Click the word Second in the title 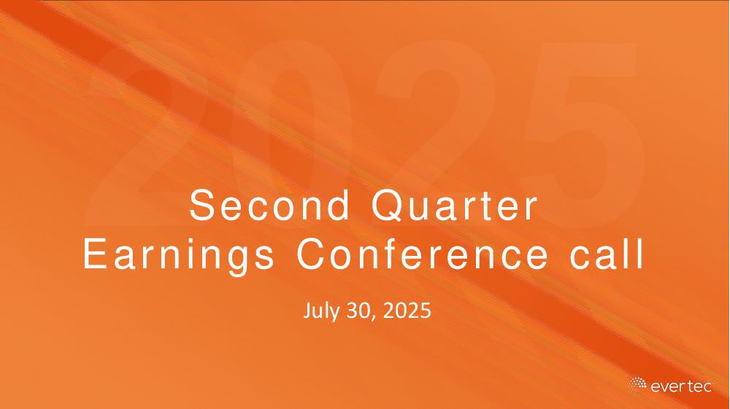(269, 205)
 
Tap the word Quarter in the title (454, 206)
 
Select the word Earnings (179, 255)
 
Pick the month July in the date (323, 311)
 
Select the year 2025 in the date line (407, 311)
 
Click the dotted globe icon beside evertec (637, 385)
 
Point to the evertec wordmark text (681, 386)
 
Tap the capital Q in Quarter (389, 206)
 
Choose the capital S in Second (201, 206)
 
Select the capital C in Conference (312, 254)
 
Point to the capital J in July (307, 311)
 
